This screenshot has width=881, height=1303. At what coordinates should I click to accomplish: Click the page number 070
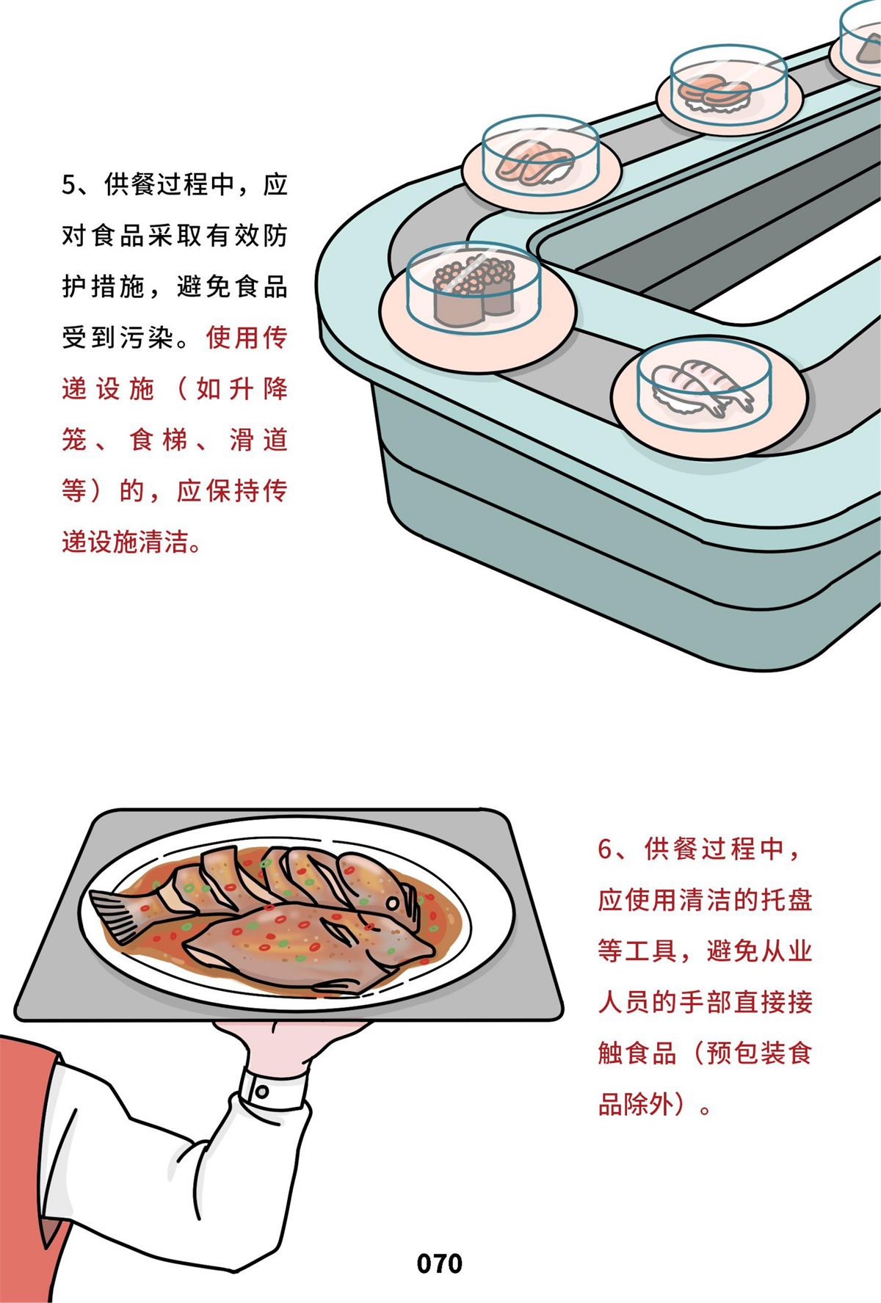point(439,1263)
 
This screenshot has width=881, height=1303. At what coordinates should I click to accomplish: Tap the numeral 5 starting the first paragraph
point(69,185)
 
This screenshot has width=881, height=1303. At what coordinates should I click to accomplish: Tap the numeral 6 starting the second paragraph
point(605,849)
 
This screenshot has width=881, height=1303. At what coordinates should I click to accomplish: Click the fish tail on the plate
point(118,911)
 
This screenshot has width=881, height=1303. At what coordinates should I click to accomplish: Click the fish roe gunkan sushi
point(474,290)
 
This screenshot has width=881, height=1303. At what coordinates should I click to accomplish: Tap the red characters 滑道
point(258,440)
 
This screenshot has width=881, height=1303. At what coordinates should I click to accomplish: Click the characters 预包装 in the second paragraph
point(745,1053)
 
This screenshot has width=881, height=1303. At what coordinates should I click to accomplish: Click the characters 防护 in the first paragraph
point(175,261)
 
